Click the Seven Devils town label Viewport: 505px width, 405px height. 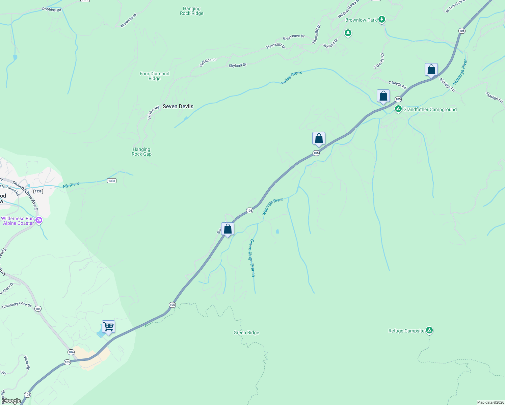click(x=178, y=106)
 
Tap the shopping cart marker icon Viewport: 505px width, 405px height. click(x=108, y=327)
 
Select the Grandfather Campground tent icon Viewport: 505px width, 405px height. click(x=398, y=109)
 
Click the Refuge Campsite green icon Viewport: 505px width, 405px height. click(x=429, y=330)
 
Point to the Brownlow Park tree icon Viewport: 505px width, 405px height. click(x=382, y=20)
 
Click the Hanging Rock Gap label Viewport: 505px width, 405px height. click(x=141, y=152)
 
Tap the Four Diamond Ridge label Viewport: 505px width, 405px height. click(x=155, y=76)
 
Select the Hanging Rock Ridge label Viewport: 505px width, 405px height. click(x=192, y=11)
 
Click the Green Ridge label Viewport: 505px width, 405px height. click(x=246, y=332)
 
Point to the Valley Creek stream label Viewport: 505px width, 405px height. click(x=291, y=78)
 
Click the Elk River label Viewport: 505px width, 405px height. click(x=71, y=185)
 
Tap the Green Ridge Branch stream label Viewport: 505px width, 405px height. click(x=252, y=258)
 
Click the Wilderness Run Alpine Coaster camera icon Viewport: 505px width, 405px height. click(x=39, y=220)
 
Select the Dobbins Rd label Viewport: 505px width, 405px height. click(x=52, y=10)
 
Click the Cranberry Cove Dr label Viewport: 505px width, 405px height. click(x=17, y=305)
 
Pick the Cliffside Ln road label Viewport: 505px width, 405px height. click(x=208, y=62)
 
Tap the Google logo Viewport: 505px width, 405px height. click(x=11, y=401)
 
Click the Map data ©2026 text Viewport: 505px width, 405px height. click(x=490, y=402)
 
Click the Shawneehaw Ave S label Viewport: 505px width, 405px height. click(x=25, y=195)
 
